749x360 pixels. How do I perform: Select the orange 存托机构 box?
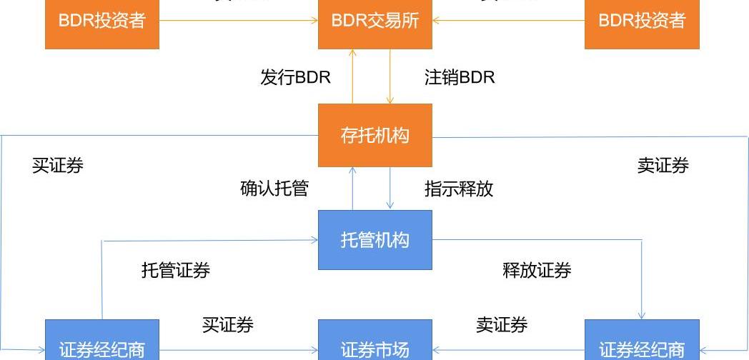point(374,135)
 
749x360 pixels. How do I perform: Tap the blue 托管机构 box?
point(374,239)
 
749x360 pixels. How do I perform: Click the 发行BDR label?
point(295,77)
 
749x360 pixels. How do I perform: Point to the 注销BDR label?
point(460,77)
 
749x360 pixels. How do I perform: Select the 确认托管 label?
point(274,189)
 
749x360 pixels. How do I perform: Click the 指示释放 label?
point(459,189)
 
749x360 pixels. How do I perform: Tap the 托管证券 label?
point(176,271)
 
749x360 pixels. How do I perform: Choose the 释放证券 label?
point(537,271)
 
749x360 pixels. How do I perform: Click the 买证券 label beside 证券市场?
point(227,325)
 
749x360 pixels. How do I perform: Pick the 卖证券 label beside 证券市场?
point(502,325)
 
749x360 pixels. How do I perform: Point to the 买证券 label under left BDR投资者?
point(58,166)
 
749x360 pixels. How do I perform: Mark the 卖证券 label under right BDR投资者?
point(663,166)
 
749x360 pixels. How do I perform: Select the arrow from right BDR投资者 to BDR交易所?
point(508,20)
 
